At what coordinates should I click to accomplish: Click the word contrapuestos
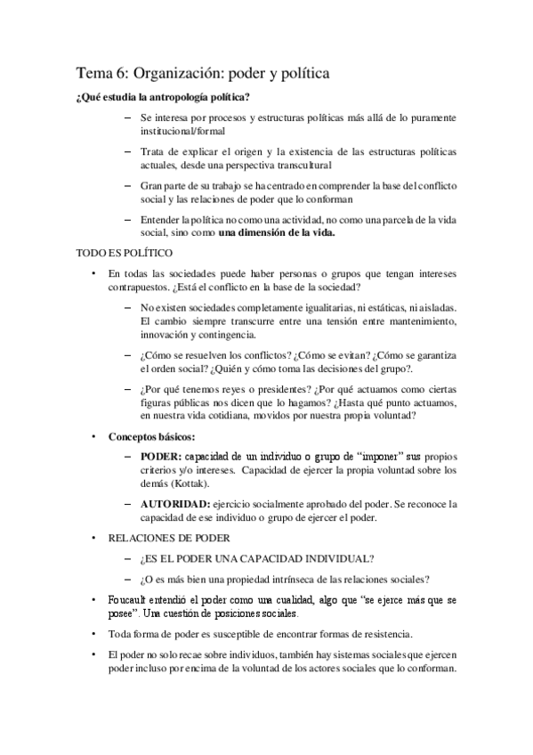pos(141,289)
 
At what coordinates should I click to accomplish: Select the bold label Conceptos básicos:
pos(152,437)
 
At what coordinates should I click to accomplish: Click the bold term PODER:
pos(161,456)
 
